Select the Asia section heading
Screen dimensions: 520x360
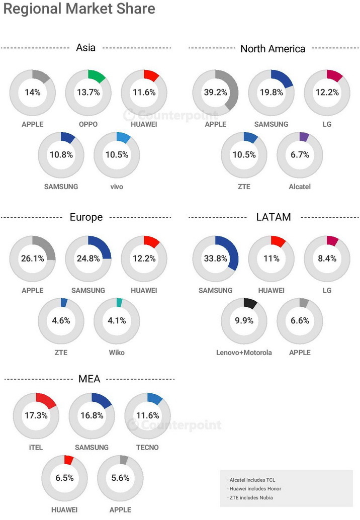(x=86, y=48)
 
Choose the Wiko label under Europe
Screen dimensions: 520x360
(x=116, y=353)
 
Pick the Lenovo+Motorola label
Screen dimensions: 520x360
(x=244, y=353)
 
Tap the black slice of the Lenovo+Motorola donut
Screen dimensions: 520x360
(x=250, y=303)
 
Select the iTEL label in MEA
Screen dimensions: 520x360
(x=36, y=448)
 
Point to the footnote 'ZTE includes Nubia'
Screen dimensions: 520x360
(x=250, y=498)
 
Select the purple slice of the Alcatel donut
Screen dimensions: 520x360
(x=303, y=136)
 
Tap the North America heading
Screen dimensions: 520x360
(x=273, y=48)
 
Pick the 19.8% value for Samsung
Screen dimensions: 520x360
(x=272, y=93)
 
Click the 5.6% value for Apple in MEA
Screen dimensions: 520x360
(x=121, y=478)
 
